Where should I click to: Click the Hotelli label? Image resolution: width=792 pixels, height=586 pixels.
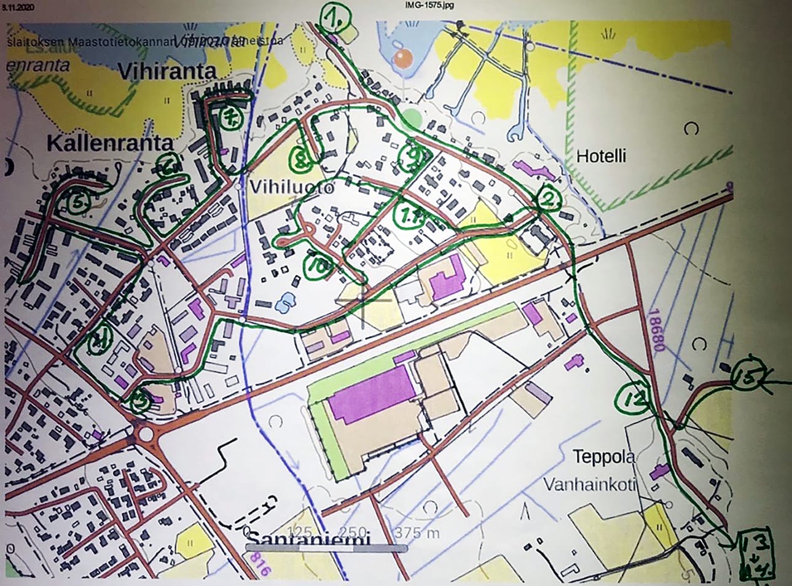point(601,156)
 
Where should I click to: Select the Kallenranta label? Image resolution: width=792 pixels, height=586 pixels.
point(110,144)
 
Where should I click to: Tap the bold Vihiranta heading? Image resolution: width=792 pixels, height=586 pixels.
point(167,72)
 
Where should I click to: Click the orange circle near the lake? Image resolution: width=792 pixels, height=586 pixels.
point(402,59)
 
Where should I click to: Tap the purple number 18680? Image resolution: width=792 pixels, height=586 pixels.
point(656,331)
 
